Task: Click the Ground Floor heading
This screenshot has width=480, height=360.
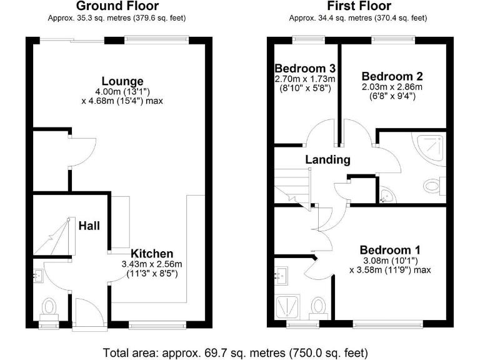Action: [116, 6]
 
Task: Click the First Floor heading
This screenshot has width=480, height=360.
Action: [357, 6]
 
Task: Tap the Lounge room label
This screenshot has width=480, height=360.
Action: [122, 81]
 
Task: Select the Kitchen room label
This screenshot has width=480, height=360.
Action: [152, 253]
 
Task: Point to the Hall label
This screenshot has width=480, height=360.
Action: [89, 226]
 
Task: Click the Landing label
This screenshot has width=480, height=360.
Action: [327, 159]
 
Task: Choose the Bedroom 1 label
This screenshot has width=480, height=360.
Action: [390, 248]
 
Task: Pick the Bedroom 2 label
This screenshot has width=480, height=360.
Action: [392, 76]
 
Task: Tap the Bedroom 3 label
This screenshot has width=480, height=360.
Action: [306, 68]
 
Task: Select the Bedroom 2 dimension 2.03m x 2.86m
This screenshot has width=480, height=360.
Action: [392, 87]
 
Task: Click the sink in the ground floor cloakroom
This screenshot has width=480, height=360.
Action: [37, 273]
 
